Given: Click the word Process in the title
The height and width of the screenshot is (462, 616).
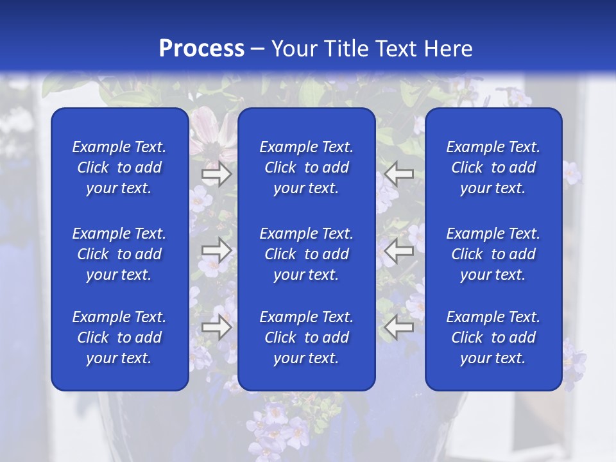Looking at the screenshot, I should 201,49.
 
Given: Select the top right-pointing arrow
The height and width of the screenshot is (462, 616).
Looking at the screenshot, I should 217,174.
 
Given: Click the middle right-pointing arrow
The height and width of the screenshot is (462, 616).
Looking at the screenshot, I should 217,251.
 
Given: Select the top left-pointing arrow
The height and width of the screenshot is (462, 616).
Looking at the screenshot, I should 399,174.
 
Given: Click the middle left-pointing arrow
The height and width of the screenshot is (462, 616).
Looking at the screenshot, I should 399,251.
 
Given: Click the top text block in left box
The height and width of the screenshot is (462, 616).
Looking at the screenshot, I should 119,167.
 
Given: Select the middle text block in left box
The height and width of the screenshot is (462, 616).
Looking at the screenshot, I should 119,254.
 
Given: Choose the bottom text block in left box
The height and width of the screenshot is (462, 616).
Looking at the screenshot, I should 119,338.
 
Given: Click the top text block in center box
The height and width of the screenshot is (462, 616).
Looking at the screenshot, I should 307,167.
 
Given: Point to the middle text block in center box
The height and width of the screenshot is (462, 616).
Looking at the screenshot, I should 307,254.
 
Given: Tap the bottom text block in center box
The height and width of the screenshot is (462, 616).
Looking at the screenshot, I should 307,338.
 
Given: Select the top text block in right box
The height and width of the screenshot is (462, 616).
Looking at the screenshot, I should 493,167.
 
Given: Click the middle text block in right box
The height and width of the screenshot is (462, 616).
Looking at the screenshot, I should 493,254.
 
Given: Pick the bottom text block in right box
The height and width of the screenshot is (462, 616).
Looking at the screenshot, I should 493,338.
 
